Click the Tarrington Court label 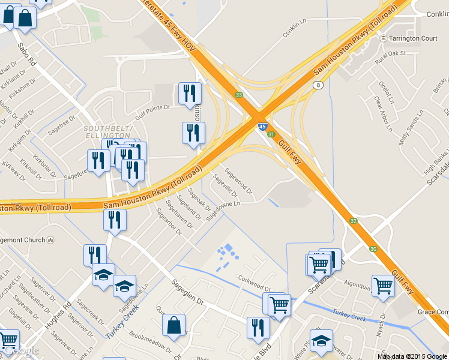(414, 38)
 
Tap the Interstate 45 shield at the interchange (262, 127)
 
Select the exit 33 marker (239, 95)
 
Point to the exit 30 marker (373, 249)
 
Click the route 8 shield (316, 85)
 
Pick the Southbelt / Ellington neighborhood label (107, 132)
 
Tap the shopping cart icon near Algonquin (382, 286)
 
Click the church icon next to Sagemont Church (52, 240)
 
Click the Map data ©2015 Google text (412, 356)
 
